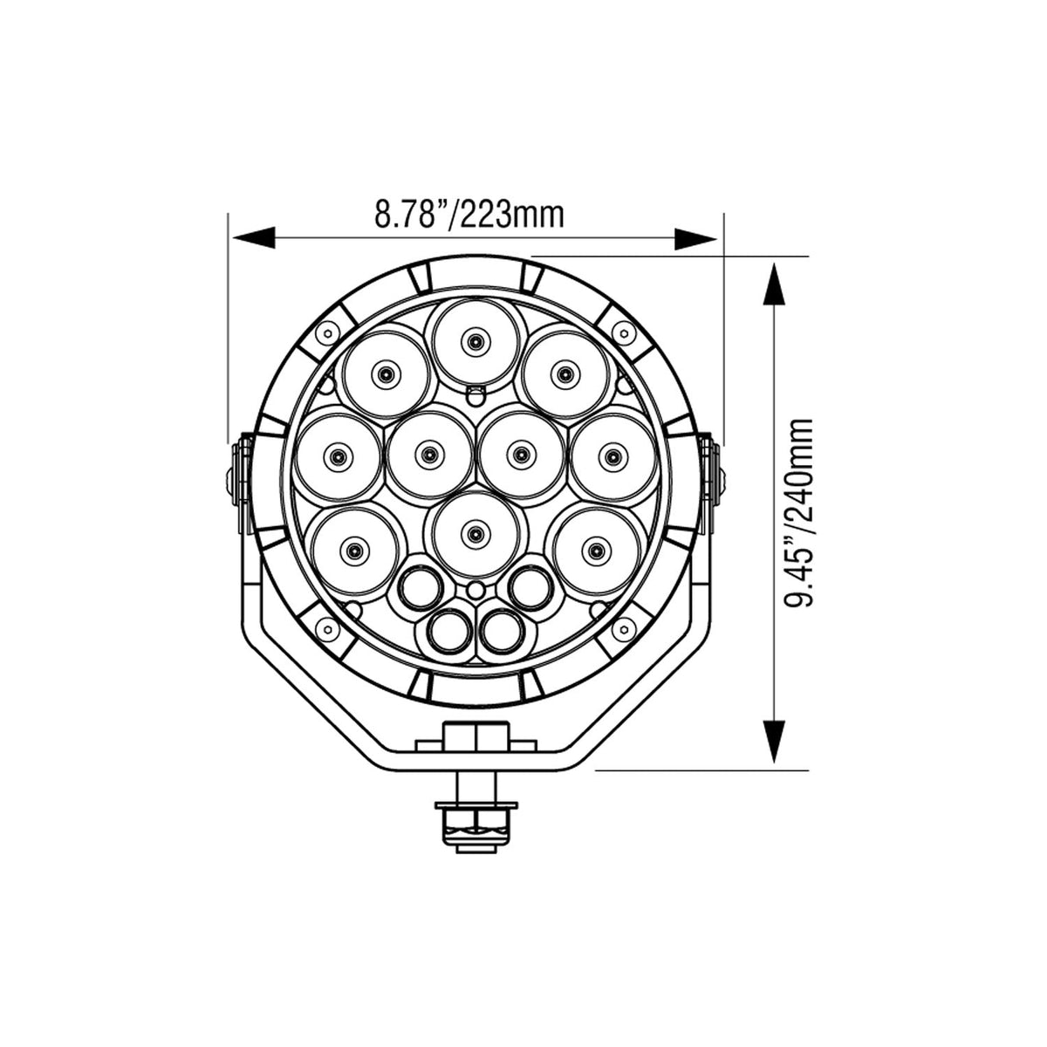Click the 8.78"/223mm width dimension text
469,216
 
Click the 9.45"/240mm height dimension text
799,512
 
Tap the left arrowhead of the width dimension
254,238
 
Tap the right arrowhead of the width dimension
695,238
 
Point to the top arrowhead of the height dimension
774,284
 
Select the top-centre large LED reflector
476,341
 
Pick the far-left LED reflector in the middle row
338,455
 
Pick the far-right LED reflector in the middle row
612,455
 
